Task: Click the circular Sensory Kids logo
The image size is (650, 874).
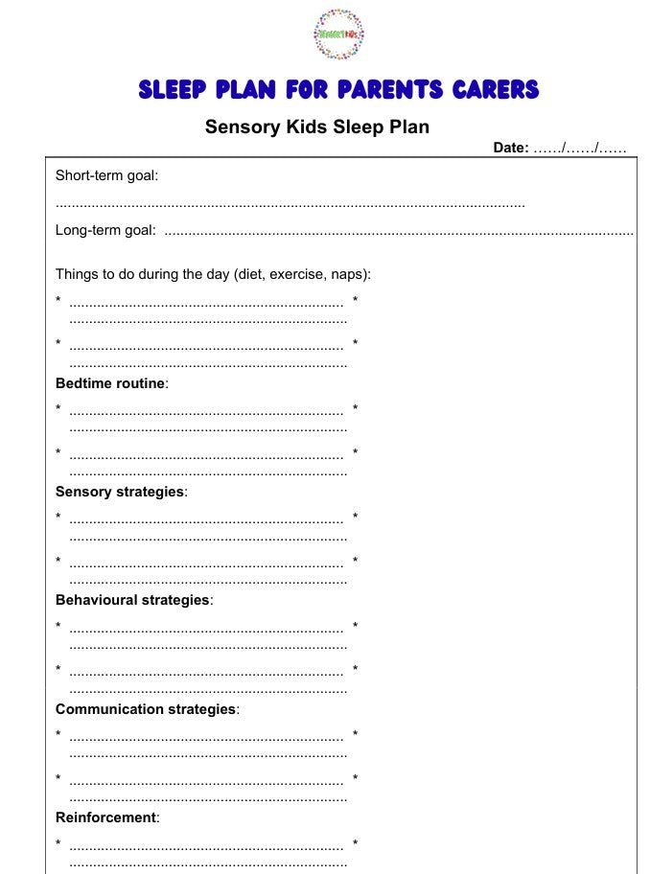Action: tap(339, 34)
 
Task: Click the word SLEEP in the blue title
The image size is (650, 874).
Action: tap(173, 91)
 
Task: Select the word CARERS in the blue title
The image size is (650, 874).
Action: tap(496, 91)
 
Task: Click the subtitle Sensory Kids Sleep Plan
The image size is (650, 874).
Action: tap(317, 126)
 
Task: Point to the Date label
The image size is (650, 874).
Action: tap(510, 148)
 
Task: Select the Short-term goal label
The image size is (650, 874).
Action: tap(106, 175)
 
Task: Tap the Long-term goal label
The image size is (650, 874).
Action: tap(105, 230)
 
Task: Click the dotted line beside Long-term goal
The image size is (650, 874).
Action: tap(399, 231)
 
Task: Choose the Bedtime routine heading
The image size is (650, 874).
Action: tap(110, 383)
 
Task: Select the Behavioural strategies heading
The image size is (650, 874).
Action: tap(132, 600)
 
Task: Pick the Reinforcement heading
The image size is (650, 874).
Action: tap(105, 817)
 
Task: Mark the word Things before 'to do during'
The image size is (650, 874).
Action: tap(77, 274)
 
